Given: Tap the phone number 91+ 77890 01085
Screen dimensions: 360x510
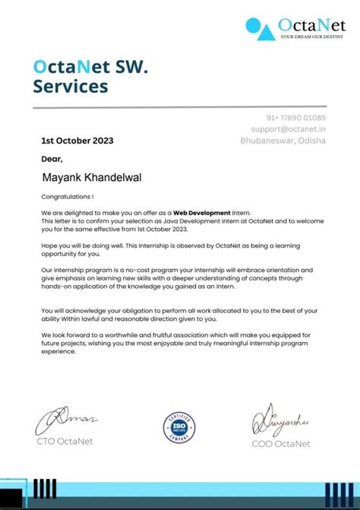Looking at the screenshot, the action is click(295, 118).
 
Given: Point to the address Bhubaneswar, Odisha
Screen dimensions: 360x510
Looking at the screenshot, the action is click(283, 141).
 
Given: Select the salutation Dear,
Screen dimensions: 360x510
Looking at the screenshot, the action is click(52, 159).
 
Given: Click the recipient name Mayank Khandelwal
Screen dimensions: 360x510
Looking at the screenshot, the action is click(96, 177).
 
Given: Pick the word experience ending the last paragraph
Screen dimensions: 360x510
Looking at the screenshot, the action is click(60, 352).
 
